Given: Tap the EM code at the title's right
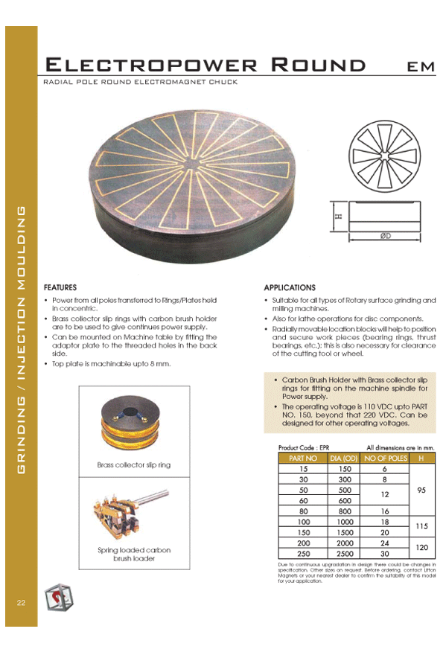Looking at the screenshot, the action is (420, 66).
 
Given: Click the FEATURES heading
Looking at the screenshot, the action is (60, 287).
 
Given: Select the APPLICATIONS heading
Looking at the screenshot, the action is (290, 287).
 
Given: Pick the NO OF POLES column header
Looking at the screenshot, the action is (385, 458).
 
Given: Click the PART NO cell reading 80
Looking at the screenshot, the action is (303, 511).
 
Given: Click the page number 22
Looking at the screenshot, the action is (21, 601).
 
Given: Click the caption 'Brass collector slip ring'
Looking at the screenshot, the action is (134, 464).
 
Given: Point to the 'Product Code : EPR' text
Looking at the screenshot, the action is (299, 448).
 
